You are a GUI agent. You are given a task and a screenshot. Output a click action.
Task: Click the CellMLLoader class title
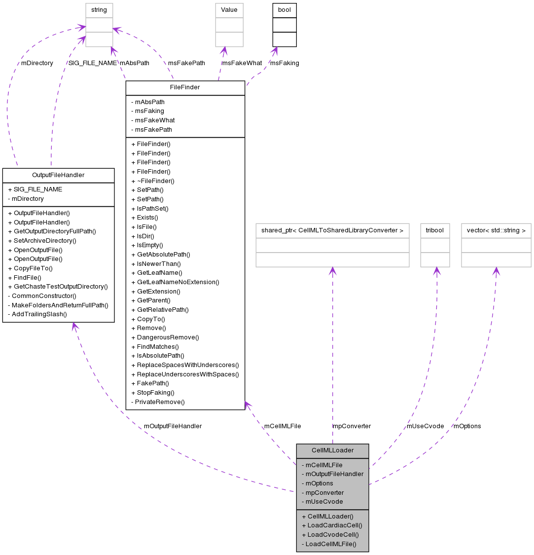point(332,450)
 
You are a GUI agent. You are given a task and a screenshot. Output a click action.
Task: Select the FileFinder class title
point(185,87)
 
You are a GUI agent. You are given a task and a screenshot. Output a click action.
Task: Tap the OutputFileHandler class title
point(58,175)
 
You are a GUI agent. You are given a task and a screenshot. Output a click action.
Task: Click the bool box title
point(285,10)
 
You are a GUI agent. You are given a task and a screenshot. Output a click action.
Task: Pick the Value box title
point(229,10)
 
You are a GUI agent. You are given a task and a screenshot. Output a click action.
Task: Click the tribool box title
point(435,230)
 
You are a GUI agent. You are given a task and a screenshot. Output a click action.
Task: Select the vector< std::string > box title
point(496,230)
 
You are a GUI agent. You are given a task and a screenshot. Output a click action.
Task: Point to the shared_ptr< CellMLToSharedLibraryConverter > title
point(332,230)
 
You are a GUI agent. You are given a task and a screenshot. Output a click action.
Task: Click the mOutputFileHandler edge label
point(173,426)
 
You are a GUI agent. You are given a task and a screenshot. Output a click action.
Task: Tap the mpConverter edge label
point(352,426)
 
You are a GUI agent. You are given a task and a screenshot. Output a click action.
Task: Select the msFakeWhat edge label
point(242,63)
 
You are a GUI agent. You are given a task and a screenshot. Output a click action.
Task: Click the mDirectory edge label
point(37,63)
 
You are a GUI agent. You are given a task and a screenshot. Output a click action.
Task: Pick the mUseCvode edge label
point(425,426)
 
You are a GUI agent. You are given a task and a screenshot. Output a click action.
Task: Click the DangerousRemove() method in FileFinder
point(168,337)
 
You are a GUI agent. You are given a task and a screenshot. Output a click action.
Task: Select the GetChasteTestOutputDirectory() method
point(60,287)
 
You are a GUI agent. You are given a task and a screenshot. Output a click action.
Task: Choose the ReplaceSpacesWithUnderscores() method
point(185,365)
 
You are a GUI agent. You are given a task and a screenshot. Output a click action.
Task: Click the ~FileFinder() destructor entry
point(153,181)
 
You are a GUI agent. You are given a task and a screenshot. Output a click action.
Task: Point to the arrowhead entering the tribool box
point(436,270)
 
